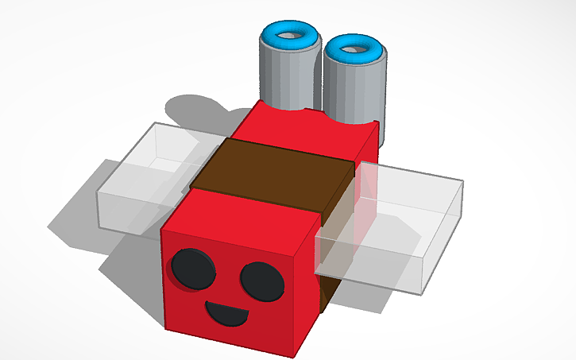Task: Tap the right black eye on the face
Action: (x=262, y=281)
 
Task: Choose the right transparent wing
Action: (x=397, y=223)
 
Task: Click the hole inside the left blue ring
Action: (x=290, y=33)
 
